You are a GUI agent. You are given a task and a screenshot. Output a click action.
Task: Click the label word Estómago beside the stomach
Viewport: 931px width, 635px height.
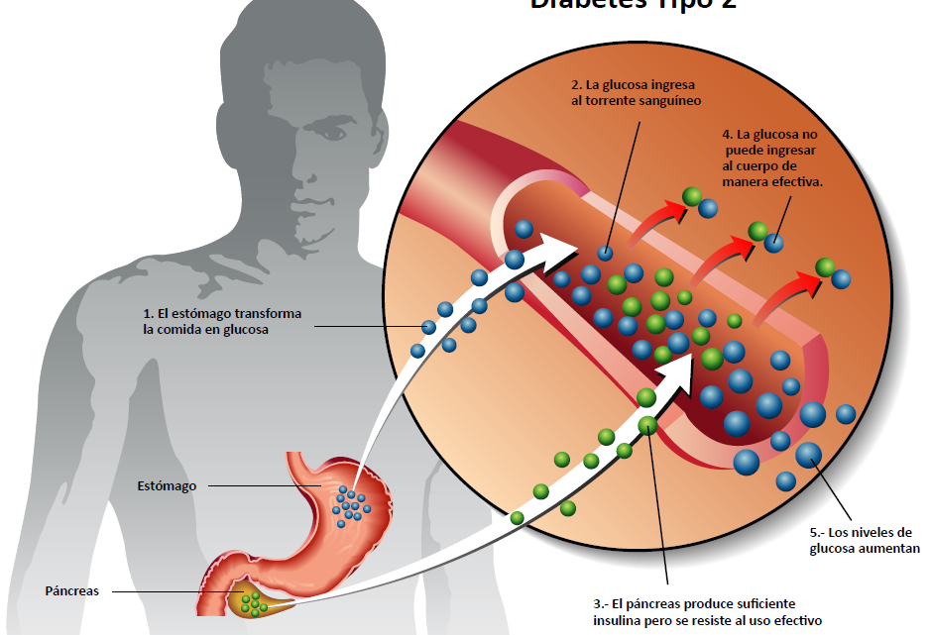tap(167, 486)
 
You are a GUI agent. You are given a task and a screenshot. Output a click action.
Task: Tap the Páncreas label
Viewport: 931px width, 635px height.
tap(71, 591)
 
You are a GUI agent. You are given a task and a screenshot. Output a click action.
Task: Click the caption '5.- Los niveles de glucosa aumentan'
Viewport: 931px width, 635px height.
tap(864, 541)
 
